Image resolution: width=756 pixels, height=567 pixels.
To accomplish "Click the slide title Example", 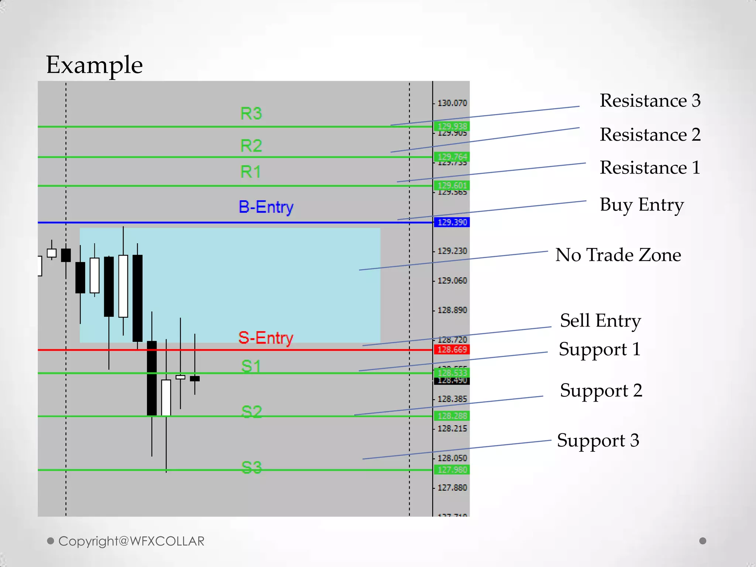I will click(x=94, y=65).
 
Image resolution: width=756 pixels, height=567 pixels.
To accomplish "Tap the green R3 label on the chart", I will click(x=251, y=113).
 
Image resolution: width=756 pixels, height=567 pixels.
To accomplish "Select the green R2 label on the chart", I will click(x=251, y=146).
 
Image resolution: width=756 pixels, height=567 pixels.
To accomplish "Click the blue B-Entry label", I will click(x=266, y=207).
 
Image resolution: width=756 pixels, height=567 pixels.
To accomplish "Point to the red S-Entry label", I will click(x=266, y=338).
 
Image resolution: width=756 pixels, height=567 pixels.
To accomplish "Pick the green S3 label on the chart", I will click(x=251, y=467).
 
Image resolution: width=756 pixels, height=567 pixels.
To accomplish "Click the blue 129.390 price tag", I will click(x=452, y=222).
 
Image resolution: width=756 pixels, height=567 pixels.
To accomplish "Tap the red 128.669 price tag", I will click(x=452, y=349).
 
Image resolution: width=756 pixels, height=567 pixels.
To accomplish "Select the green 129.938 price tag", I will click(x=452, y=126).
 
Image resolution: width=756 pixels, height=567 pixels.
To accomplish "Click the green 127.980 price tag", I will click(x=452, y=470).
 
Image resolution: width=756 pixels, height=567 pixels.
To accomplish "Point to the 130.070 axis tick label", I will click(x=452, y=103).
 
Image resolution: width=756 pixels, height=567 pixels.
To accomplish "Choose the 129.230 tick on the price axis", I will click(x=452, y=251).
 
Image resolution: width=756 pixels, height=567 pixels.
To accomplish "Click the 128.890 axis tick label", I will click(x=452, y=310).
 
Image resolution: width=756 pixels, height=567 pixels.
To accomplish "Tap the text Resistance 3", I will click(x=650, y=100).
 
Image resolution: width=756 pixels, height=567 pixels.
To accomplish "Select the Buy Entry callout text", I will click(x=642, y=205).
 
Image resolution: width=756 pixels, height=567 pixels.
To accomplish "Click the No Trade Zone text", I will click(x=618, y=255).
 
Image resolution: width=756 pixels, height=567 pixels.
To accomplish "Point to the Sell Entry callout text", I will click(x=600, y=320).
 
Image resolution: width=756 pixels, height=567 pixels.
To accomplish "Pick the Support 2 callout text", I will click(x=601, y=391).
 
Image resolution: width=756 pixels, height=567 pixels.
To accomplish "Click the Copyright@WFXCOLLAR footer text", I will click(x=131, y=541).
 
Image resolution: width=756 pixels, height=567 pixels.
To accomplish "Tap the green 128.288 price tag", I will click(x=452, y=416).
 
